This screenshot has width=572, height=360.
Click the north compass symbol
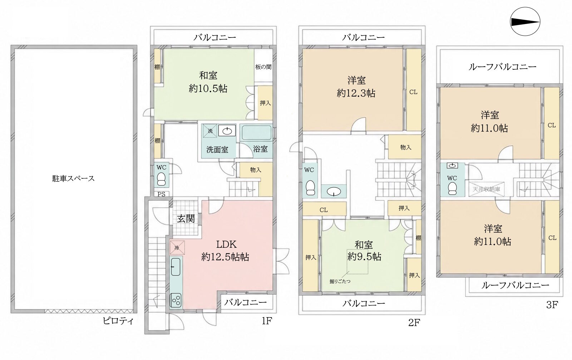pyautogui.click(x=525, y=21)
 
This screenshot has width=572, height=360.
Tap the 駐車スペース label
pyautogui.click(x=73, y=178)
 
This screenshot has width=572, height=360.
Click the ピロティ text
pyautogui.click(x=118, y=321)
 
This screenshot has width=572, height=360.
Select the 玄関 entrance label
pyautogui.click(x=186, y=218)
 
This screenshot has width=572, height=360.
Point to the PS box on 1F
pyautogui.click(x=161, y=194)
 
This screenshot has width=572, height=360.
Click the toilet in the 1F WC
pyautogui.click(x=161, y=179)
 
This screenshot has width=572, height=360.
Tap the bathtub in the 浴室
pyautogui.click(x=256, y=133)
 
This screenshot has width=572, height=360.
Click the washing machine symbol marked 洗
pyautogui.click(x=210, y=131)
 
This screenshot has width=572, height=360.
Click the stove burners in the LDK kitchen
pyautogui.click(x=176, y=300)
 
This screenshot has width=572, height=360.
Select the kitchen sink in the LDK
pyautogui.click(x=176, y=267)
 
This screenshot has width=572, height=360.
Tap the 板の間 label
pyautogui.click(x=263, y=67)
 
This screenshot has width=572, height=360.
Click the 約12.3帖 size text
pyautogui.click(x=356, y=93)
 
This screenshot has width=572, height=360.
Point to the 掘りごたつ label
pyautogui.click(x=340, y=281)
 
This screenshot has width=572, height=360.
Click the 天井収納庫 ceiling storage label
pyautogui.click(x=487, y=189)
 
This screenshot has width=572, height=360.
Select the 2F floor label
pyautogui.click(x=414, y=323)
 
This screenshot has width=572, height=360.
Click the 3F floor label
pyautogui.click(x=552, y=305)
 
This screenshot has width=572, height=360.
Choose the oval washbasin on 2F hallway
pyautogui.click(x=334, y=191)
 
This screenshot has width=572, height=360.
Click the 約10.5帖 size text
pyautogui.click(x=208, y=88)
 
